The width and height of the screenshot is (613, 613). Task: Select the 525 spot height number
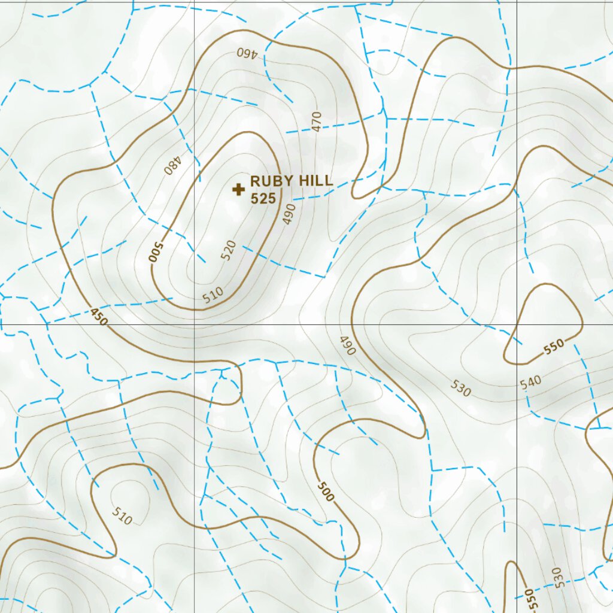coord(263,199)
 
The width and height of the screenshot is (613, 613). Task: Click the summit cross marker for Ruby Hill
coord(238,190)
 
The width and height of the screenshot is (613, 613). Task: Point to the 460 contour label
coord(247,53)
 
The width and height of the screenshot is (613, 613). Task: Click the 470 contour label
coord(317,121)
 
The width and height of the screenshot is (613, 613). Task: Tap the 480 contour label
coord(172,165)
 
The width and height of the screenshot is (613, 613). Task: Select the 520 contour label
coord(229,250)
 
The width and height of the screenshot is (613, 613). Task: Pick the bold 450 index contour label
coord(99,316)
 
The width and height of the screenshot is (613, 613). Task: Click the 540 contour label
coord(530,382)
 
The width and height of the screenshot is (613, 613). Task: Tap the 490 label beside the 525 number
coord(290,214)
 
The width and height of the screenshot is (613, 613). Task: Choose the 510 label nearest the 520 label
coord(213,295)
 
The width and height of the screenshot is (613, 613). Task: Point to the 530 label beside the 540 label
coord(462,389)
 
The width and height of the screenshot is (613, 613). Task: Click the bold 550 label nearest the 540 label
coord(554,347)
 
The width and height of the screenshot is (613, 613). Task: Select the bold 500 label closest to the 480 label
coord(155,252)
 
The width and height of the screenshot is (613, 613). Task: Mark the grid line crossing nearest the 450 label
coord(194,324)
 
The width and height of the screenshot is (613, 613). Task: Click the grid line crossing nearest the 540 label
coord(517,324)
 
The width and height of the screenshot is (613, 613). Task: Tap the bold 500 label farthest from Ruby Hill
coord(326,491)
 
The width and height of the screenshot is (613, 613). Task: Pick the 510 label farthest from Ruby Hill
coord(122,515)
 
